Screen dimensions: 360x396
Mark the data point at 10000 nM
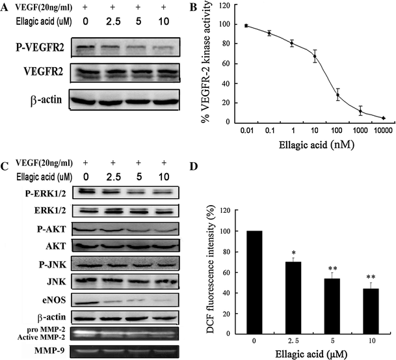point(383,118)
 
